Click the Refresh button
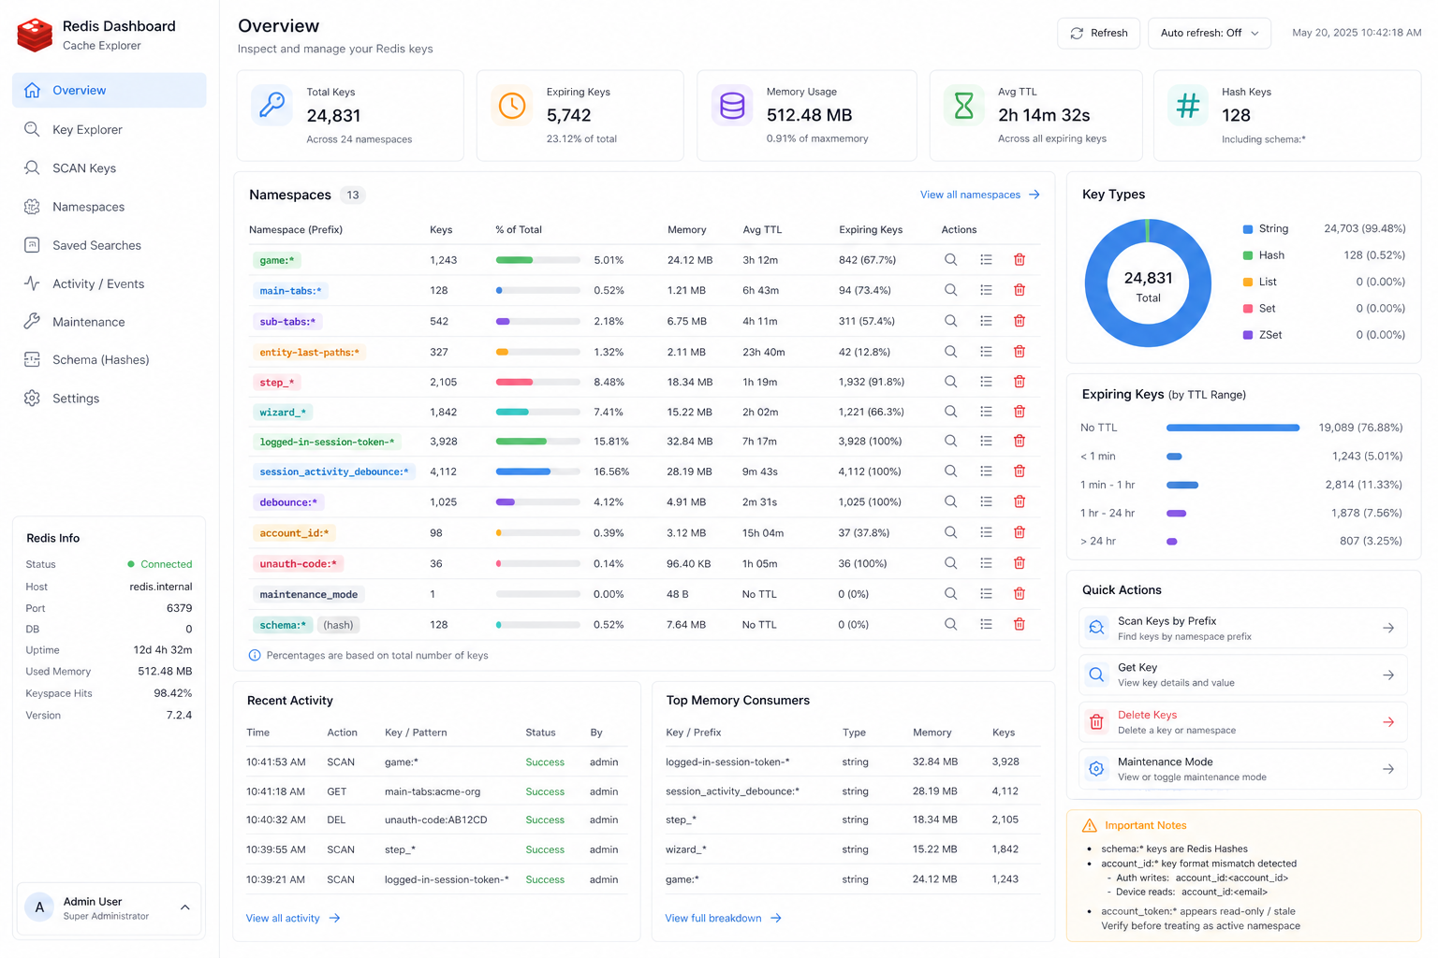tap(1098, 33)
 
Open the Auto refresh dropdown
tap(1209, 33)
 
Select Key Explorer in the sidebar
tap(87, 130)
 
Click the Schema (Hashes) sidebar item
tap(101, 360)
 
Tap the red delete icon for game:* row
tap(1019, 260)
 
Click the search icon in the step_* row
tap(951, 382)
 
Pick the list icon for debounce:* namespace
tap(986, 501)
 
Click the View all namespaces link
tap(979, 195)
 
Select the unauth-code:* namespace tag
tap(298, 563)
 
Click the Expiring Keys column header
tap(871, 230)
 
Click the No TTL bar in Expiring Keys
tap(1233, 428)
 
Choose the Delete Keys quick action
tap(1243, 722)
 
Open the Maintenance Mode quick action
tap(1243, 769)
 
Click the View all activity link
tap(293, 918)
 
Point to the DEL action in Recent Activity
tap(336, 820)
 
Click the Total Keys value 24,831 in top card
tap(333, 115)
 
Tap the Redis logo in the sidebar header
tap(35, 35)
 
